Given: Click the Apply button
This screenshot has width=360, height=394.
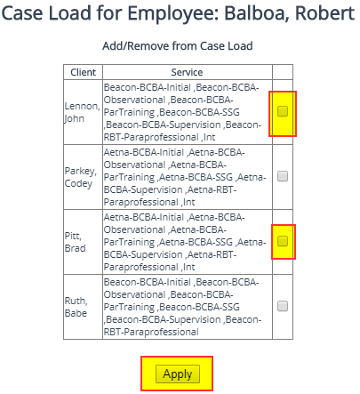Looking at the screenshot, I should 177,374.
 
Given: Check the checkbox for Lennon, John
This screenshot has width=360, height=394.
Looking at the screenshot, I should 283,112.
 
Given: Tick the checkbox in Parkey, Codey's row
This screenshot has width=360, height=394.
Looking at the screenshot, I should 283,176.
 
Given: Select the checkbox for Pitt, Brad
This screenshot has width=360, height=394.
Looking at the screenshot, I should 283,241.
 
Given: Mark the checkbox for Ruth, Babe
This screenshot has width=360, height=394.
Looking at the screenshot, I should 283,306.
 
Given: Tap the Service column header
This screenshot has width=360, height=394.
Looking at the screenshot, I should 187,72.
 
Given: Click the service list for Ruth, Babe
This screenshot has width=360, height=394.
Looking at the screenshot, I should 182,306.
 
